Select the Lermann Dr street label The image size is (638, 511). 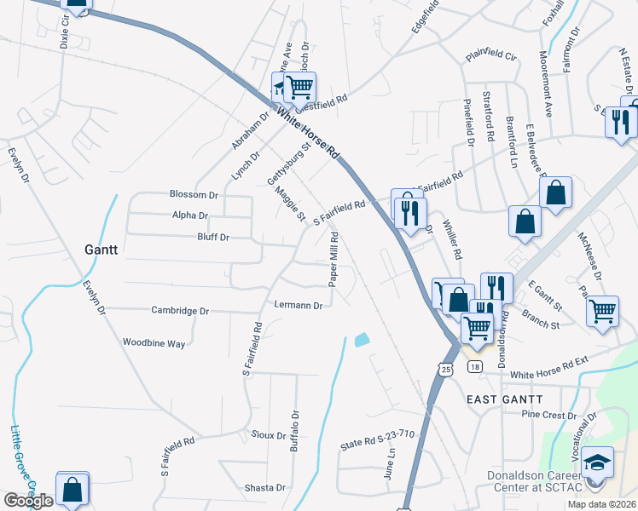tap(299, 305)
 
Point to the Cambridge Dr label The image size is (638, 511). tap(180, 312)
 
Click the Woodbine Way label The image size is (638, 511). tap(154, 343)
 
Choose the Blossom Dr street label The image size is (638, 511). tap(194, 195)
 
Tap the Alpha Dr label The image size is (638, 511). tap(190, 216)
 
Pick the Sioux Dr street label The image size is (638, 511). tap(269, 435)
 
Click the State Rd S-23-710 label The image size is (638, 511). tap(377, 439)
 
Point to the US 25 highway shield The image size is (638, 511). tap(446, 369)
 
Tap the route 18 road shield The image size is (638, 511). tap(475, 366)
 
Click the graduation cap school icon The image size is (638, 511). tap(598, 463)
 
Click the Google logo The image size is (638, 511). tap(28, 501)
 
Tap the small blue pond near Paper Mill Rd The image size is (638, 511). tap(362, 339)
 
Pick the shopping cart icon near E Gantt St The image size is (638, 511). tap(603, 310)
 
